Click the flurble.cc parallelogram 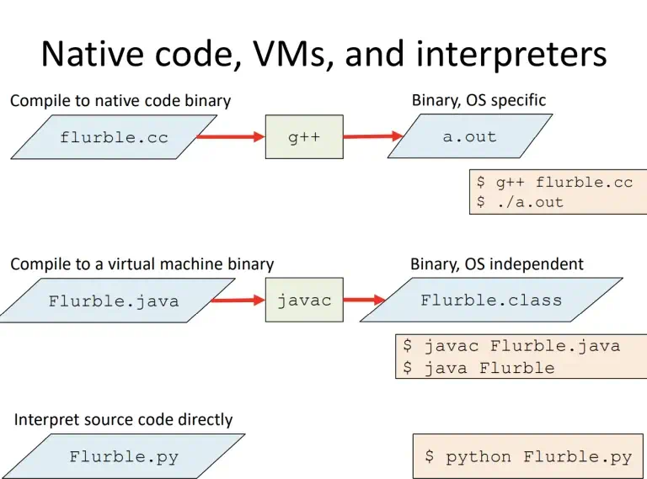click(x=114, y=137)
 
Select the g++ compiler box click(x=304, y=137)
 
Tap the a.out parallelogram click(x=470, y=136)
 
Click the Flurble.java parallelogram click(x=114, y=301)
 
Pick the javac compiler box click(x=304, y=300)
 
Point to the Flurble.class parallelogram click(x=491, y=300)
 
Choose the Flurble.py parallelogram click(x=124, y=457)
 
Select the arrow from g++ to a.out click(x=373, y=136)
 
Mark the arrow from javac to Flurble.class click(x=364, y=300)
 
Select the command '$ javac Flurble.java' click(x=511, y=346)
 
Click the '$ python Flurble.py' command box click(x=527, y=457)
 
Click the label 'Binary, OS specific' click(x=479, y=100)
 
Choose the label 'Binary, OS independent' click(x=496, y=263)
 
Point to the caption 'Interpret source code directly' click(x=123, y=419)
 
